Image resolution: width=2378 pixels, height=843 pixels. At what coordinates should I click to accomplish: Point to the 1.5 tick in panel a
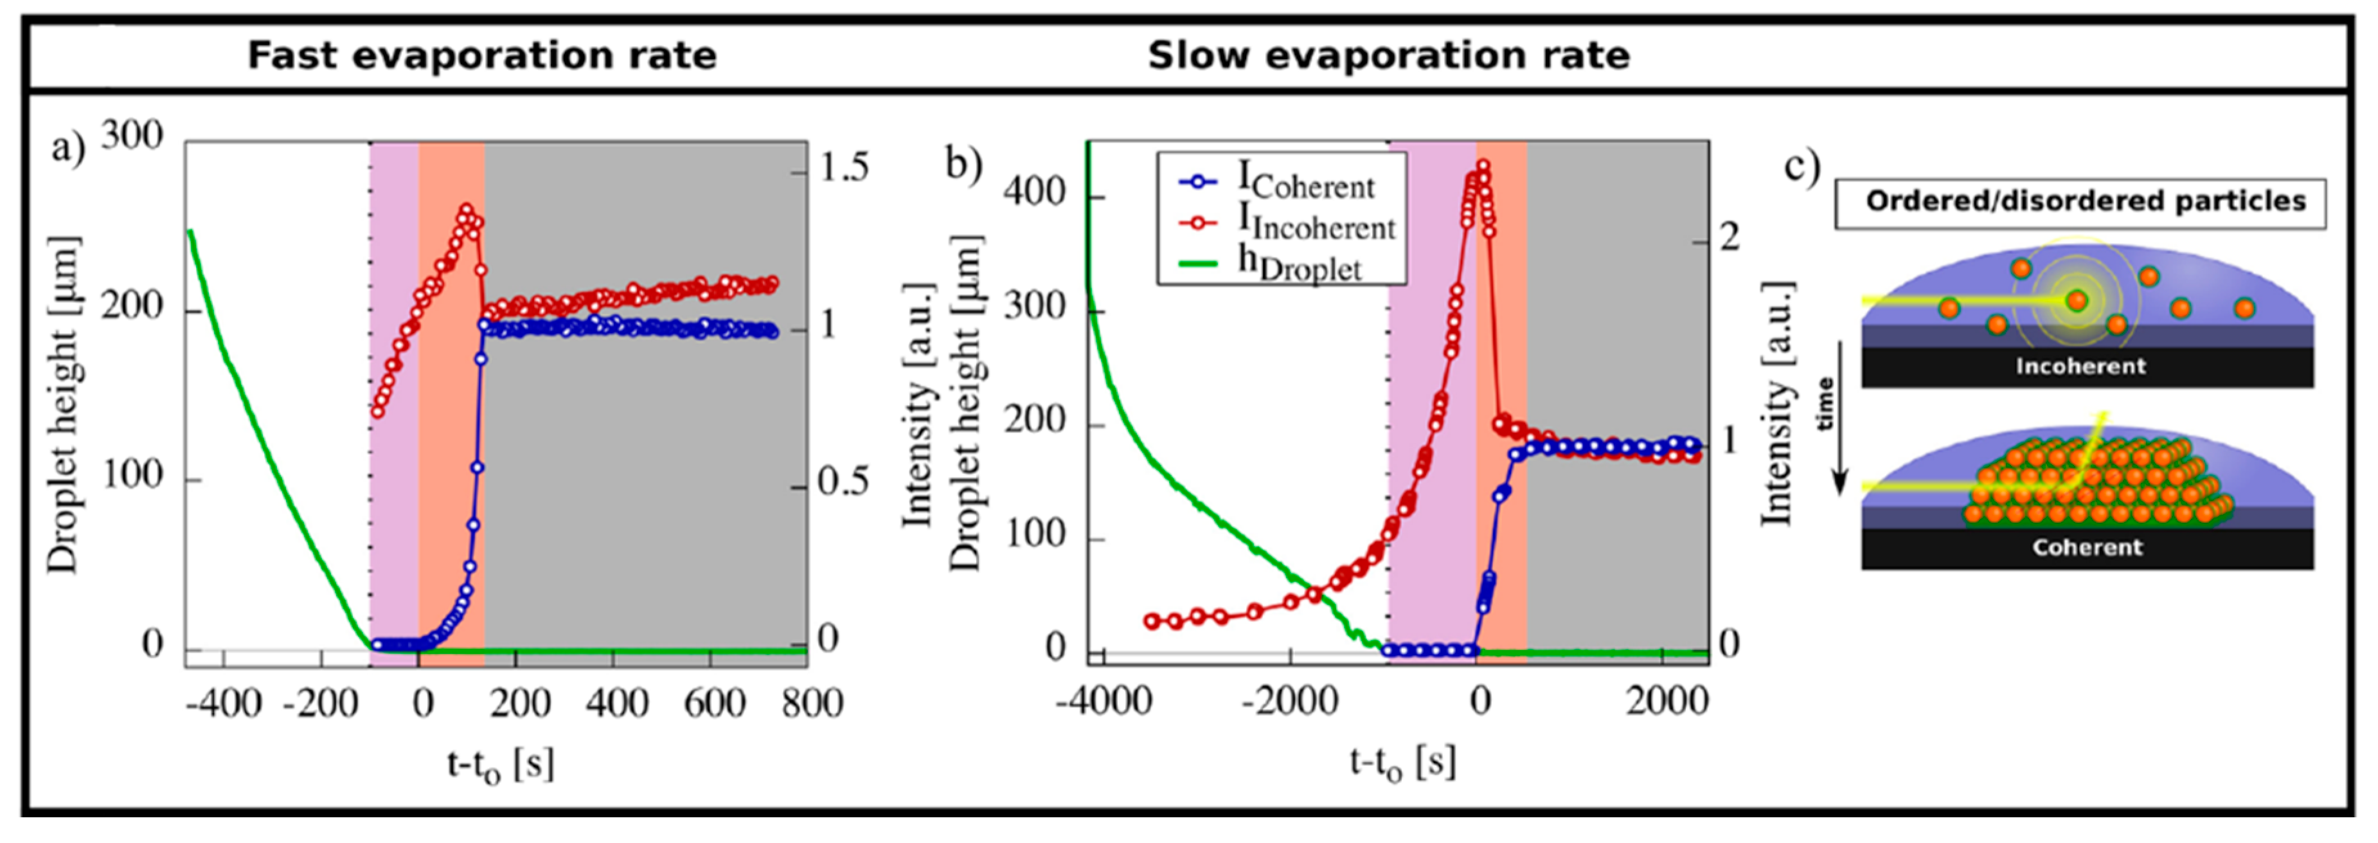tap(843, 167)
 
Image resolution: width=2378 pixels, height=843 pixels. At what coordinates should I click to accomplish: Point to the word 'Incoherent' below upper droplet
tap(2080, 367)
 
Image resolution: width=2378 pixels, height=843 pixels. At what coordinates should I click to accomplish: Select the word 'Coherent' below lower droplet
tap(2086, 548)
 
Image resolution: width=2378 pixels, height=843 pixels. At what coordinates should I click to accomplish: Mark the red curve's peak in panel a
tap(466, 210)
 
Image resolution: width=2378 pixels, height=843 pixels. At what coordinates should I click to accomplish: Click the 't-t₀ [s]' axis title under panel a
tap(500, 765)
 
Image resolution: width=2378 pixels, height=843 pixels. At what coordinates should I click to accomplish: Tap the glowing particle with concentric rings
tap(2077, 300)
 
